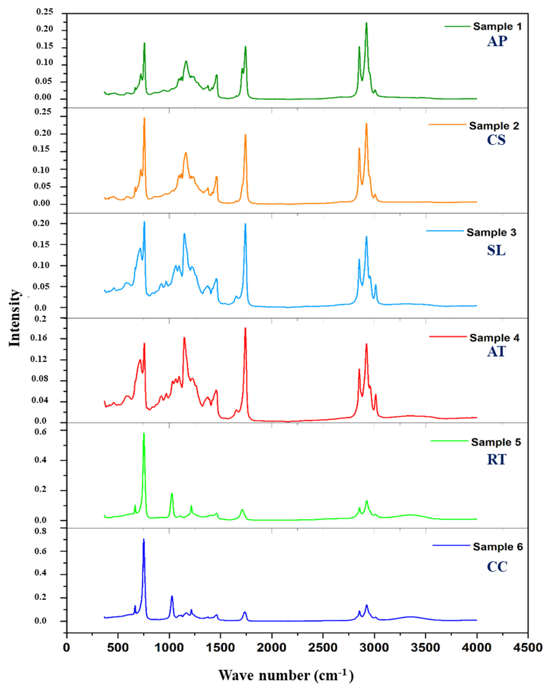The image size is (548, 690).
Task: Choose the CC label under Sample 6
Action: click(x=497, y=567)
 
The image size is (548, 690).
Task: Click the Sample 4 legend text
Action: click(x=494, y=338)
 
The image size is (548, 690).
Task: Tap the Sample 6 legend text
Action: click(x=497, y=547)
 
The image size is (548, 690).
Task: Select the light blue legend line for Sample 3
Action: click(x=445, y=231)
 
